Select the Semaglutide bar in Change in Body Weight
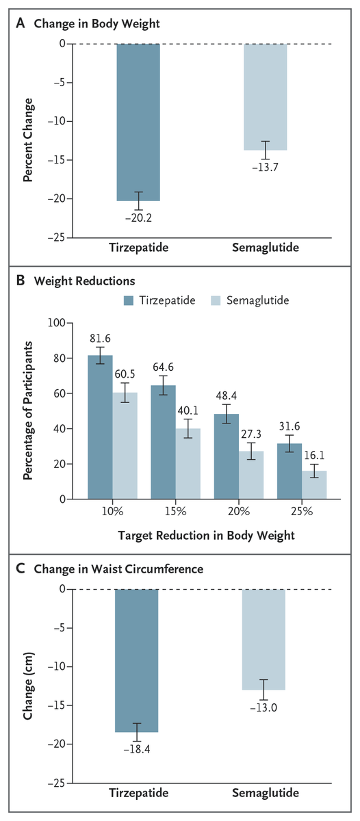point(265,96)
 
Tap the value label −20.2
point(138,218)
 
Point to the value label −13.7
point(265,168)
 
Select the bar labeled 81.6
point(100,427)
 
